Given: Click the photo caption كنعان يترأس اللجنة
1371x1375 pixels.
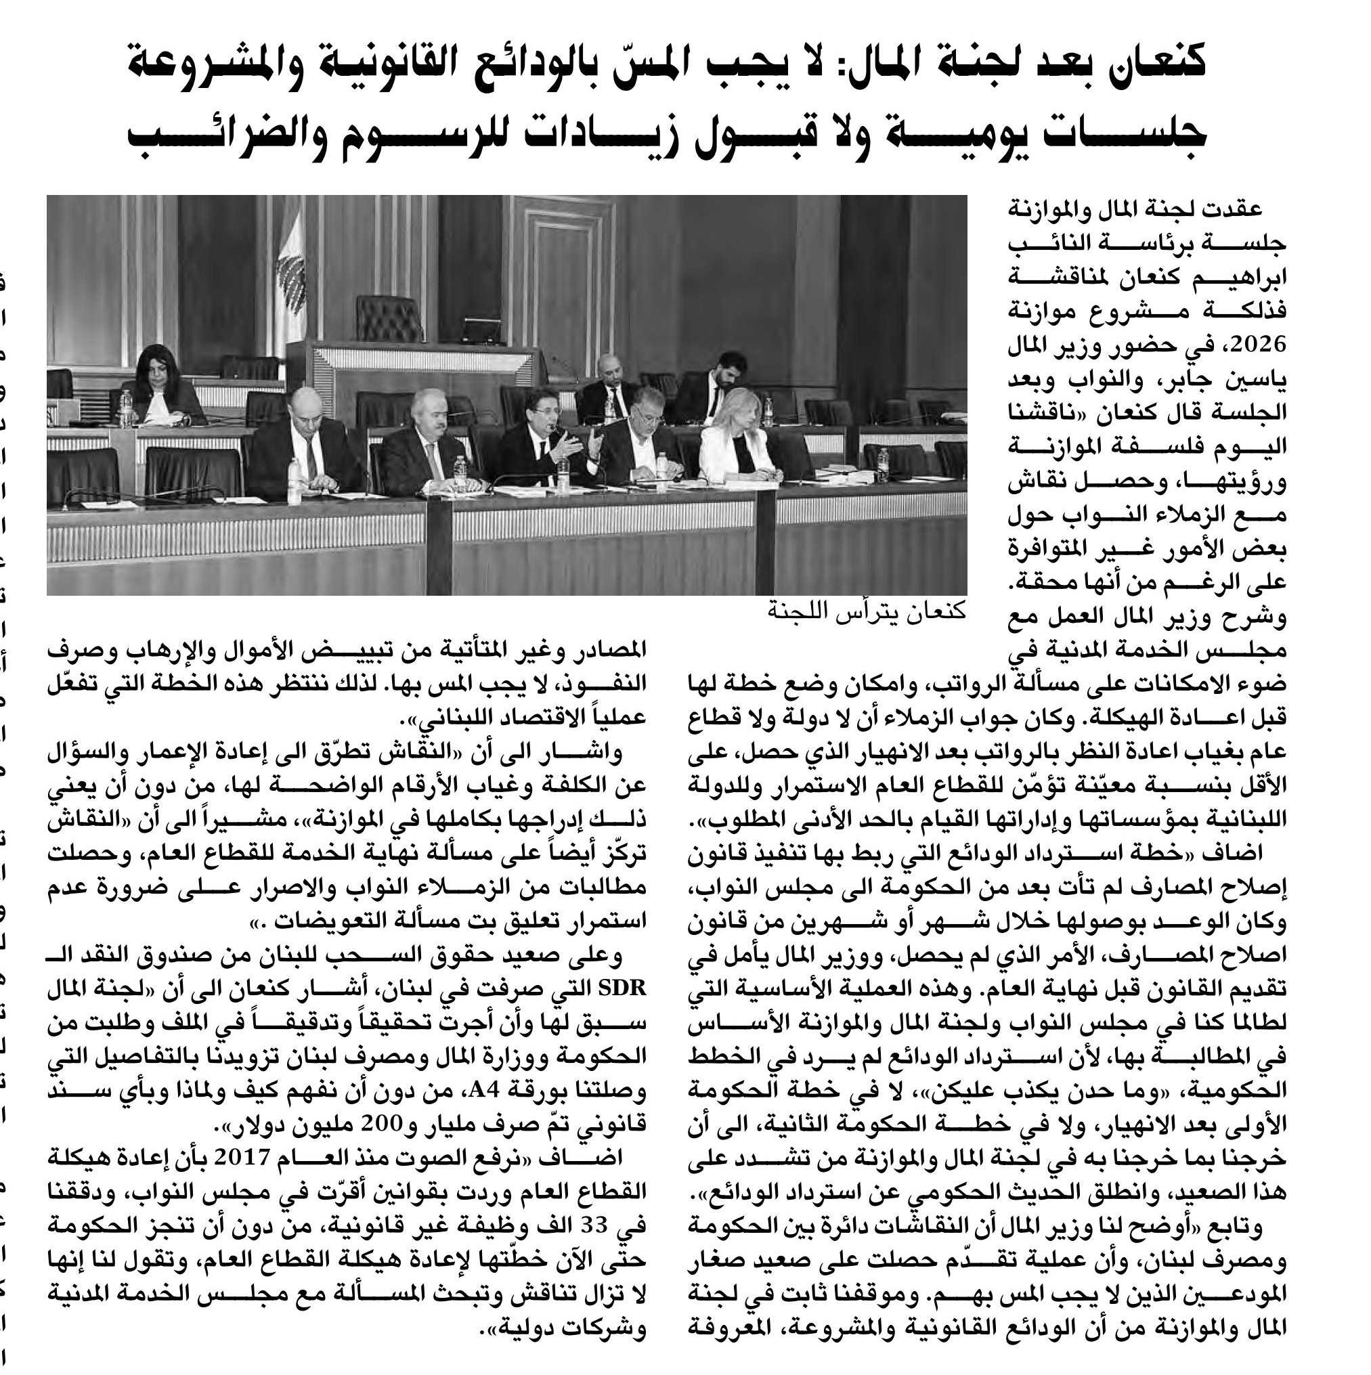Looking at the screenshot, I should click(x=867, y=611).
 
